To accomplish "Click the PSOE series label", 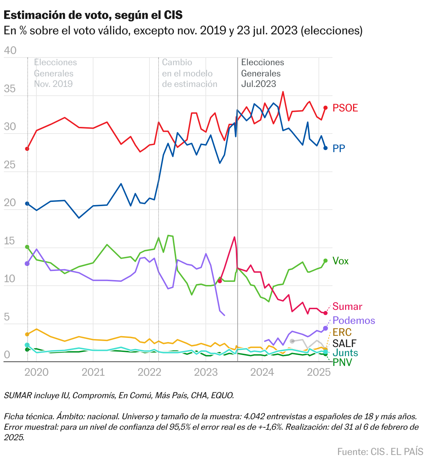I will tap(345, 108).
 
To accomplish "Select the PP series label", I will tap(339, 149).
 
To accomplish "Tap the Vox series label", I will tap(341, 261).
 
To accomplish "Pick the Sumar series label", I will tap(347, 306).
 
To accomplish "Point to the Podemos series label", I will tap(353, 320).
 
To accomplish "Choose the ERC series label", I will tap(342, 332).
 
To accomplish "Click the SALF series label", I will tap(344, 343).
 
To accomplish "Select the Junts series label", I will tap(345, 353).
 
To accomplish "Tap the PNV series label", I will tap(342, 362).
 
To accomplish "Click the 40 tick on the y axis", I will tap(10, 50).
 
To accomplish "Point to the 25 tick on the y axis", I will tap(10, 165).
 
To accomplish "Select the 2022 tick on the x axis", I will tap(149, 372).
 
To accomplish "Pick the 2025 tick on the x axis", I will tap(318, 372).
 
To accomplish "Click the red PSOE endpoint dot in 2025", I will tap(325, 108).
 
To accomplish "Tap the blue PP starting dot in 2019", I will tap(27, 204).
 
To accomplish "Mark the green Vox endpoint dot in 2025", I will tap(325, 260).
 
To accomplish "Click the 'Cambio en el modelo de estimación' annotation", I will tap(189, 73).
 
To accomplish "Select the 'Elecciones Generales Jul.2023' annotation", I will tap(262, 73).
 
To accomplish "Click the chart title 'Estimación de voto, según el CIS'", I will tap(93, 15).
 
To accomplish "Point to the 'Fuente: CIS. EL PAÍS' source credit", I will tap(380, 451).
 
